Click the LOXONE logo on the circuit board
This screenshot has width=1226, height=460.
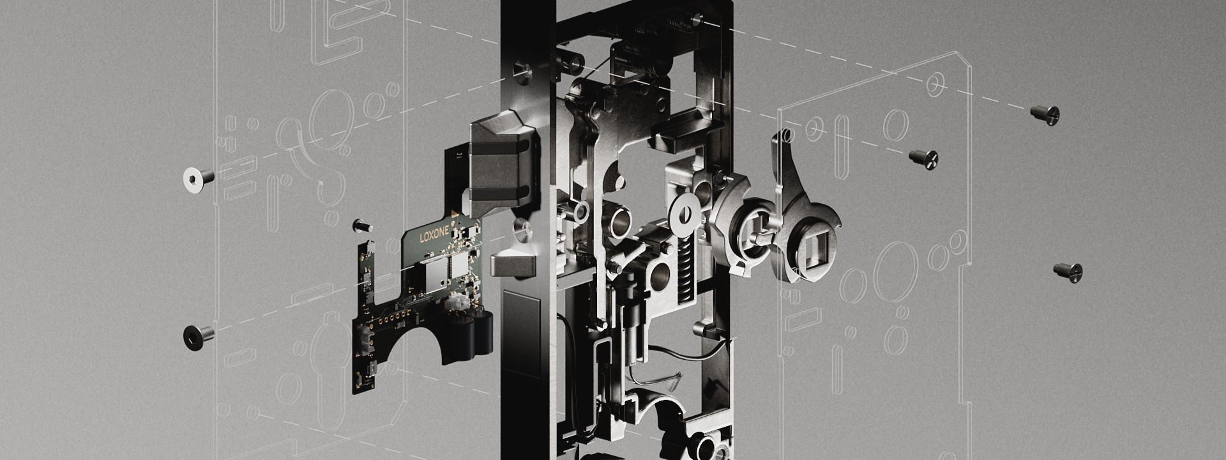435,236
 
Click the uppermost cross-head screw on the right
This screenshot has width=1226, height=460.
1046,114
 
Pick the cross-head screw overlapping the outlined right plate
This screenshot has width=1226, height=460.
923,155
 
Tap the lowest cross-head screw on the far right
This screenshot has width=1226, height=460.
1068,271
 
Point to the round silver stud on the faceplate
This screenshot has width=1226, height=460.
522,230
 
